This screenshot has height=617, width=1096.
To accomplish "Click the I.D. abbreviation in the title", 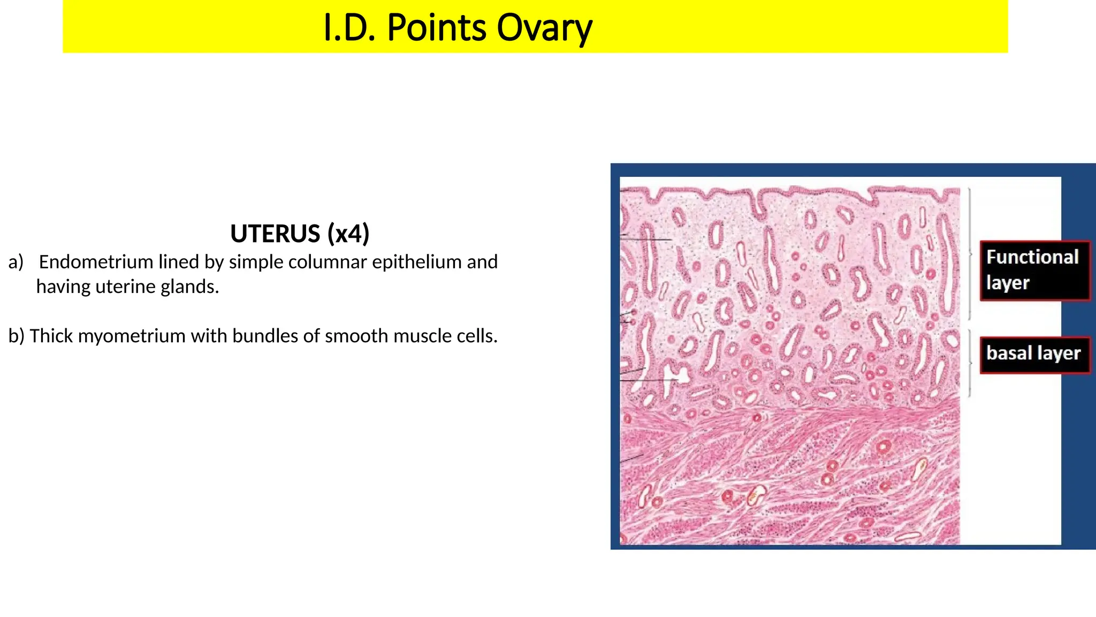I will coord(350,28).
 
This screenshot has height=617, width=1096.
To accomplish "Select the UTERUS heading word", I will coord(275,234).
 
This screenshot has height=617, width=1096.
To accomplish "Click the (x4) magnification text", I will coord(348,234).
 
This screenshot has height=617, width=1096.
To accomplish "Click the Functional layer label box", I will coord(1034,270).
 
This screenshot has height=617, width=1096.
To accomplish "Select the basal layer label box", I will coord(1034,354).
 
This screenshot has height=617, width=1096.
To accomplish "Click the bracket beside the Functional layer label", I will coord(970,253).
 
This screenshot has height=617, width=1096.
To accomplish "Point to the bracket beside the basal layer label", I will coord(970,363).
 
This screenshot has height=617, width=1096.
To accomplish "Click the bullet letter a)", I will coord(16,262).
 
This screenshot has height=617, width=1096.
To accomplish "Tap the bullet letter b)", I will coord(16,336).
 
